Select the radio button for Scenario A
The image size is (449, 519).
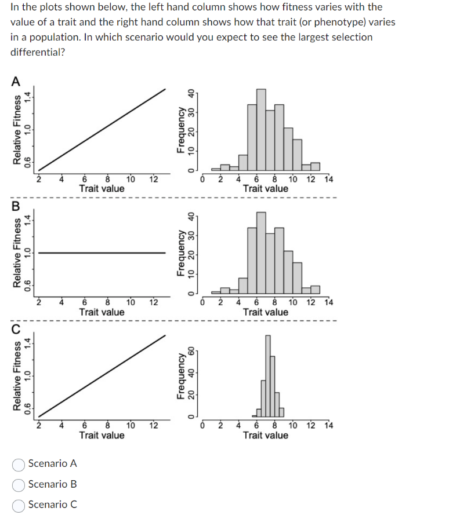tap(19, 463)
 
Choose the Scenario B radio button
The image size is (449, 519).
tap(19, 484)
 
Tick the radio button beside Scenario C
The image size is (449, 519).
tap(19, 505)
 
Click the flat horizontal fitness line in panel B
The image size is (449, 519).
tap(102, 253)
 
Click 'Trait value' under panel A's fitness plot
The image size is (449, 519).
tap(102, 189)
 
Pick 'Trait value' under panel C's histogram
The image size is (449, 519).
tap(266, 435)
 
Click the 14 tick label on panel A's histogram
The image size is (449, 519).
tap(329, 179)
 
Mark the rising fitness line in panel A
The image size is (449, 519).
tap(102, 130)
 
